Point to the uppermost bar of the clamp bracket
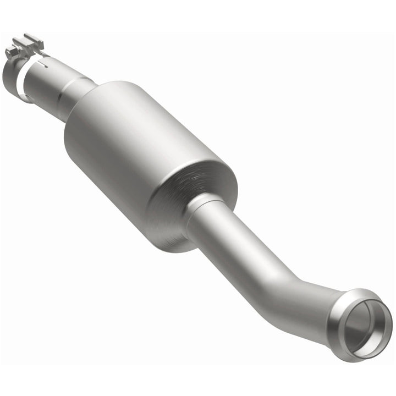(33, 38)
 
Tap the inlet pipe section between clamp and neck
(47, 82)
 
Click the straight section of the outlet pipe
(248, 253)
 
